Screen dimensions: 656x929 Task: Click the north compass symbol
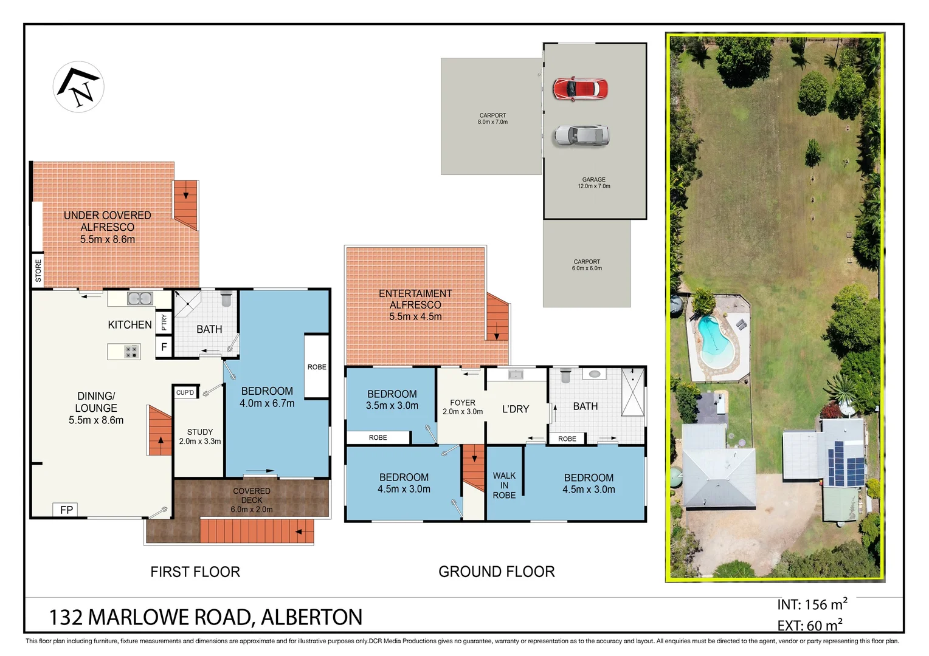tap(78, 87)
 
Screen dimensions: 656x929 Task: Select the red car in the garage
tap(579, 89)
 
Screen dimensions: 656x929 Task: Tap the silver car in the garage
tap(581, 135)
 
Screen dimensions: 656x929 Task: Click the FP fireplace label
tap(66, 510)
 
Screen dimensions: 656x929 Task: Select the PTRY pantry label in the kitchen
tap(164, 323)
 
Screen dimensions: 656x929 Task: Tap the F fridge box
tap(164, 347)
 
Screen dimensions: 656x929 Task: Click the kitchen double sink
tap(140, 298)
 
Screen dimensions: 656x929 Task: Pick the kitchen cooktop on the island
tap(131, 352)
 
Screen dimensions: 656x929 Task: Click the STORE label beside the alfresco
tap(38, 270)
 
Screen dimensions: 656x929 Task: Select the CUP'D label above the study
tap(185, 393)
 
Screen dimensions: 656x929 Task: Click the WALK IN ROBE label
tap(504, 485)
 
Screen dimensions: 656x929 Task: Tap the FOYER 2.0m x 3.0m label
tap(463, 407)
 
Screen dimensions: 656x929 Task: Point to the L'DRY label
tap(516, 409)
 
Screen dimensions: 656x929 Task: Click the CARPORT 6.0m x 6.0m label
tap(587, 265)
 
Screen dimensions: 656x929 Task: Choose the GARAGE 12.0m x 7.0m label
tap(593, 183)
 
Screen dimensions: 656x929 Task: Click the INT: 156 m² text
tap(812, 604)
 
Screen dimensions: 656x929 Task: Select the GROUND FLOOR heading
tap(496, 572)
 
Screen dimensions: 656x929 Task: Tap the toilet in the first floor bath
tap(227, 299)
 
